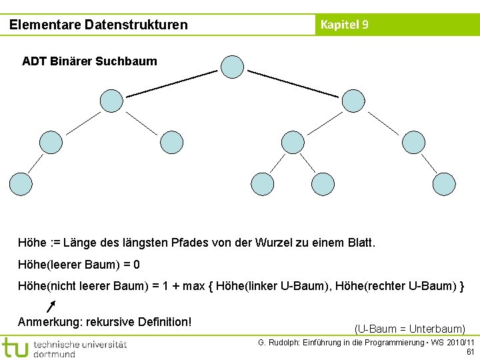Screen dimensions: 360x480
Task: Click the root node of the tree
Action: [232, 67]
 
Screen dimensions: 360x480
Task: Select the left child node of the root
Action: [111, 101]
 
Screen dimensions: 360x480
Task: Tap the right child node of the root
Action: [353, 101]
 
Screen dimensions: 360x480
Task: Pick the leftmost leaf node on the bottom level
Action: [20, 183]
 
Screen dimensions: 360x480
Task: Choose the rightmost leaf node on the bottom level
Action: [444, 183]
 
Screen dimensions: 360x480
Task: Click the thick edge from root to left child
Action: [172, 83]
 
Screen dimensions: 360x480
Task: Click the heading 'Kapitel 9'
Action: [344, 25]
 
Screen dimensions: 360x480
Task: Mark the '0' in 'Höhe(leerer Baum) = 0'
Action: [137, 265]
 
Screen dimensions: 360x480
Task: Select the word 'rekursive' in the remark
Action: [110, 322]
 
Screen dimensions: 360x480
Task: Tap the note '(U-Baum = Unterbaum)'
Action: [409, 329]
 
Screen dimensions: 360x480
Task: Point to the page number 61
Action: [470, 352]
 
